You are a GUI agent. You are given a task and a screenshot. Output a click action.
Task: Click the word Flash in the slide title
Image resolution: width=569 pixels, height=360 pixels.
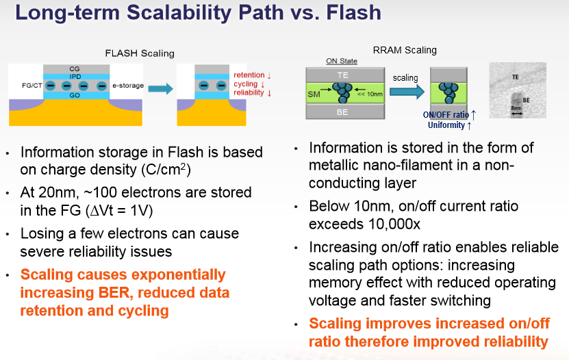coord(354,12)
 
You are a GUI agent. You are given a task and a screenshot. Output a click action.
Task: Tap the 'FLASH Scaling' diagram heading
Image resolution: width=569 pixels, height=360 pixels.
coord(140,53)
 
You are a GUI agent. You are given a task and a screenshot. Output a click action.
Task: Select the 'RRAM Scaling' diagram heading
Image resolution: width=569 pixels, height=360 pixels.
coord(405,50)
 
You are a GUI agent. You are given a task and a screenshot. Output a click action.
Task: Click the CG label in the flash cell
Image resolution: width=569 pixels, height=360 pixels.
coord(75,69)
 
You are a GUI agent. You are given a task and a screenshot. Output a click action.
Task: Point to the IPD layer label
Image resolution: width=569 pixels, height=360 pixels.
coord(75,77)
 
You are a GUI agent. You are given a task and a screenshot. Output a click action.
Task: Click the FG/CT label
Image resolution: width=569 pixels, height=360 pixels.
coord(32,86)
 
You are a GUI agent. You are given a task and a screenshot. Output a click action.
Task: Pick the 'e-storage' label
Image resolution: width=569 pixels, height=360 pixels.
coord(128,86)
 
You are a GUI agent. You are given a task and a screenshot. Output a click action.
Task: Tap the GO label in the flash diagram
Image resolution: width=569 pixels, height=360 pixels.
coord(75,95)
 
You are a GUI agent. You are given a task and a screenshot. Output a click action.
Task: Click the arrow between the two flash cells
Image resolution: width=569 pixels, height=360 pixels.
coord(160,88)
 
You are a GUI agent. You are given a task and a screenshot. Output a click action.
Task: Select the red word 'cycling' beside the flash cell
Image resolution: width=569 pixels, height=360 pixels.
coord(246,84)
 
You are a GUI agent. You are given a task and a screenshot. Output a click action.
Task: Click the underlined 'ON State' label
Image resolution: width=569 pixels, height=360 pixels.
coord(342,61)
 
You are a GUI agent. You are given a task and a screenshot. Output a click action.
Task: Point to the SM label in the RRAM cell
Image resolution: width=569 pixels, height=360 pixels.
coord(314,94)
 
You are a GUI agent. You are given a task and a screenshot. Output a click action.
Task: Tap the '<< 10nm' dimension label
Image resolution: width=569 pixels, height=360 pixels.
coord(370,94)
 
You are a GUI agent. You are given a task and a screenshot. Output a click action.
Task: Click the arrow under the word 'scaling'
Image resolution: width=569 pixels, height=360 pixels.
coord(407,92)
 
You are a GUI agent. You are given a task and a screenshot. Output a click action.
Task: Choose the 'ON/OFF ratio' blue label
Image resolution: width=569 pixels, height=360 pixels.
coord(446,115)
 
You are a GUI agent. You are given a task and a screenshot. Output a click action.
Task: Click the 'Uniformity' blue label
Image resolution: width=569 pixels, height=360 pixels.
coord(446,125)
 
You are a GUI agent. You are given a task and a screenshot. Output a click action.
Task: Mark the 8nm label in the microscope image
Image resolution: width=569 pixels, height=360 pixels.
coord(516,108)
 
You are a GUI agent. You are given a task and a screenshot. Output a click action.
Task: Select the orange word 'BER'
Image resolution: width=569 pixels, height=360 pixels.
coord(114,293)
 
